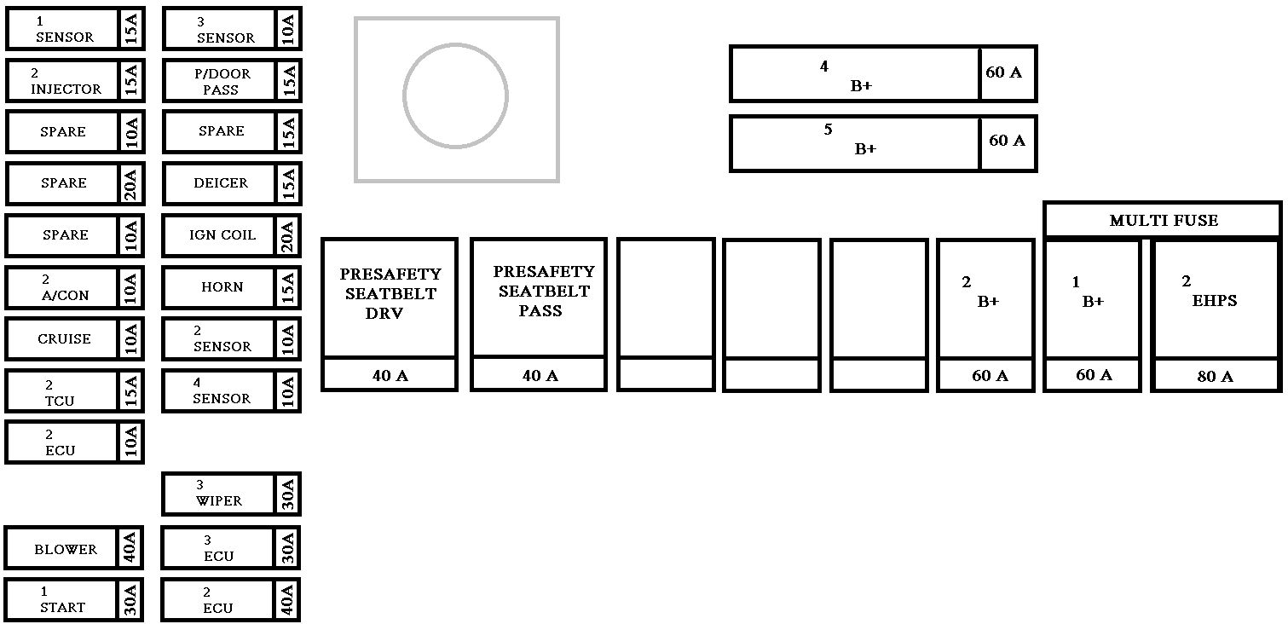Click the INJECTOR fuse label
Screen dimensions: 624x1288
(x=66, y=89)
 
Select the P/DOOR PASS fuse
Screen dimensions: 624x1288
(x=221, y=81)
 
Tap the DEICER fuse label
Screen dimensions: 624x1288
(x=221, y=183)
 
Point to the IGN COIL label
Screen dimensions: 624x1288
(x=222, y=235)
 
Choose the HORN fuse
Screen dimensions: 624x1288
(x=222, y=287)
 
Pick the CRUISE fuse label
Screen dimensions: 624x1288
(x=64, y=338)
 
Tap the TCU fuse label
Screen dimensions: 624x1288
(x=60, y=401)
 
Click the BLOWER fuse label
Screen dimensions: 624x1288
(x=65, y=550)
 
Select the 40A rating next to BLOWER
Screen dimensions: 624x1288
(x=130, y=548)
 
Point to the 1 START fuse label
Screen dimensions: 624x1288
(x=62, y=608)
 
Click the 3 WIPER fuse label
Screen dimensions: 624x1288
(x=219, y=501)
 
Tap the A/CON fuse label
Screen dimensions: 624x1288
(x=65, y=296)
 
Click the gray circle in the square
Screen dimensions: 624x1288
(x=455, y=95)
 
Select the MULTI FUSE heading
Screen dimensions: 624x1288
(x=1163, y=221)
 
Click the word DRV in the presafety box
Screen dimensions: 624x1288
(x=384, y=313)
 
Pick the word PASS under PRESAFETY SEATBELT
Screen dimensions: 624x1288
(x=540, y=311)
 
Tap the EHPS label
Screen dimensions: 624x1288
(x=1214, y=301)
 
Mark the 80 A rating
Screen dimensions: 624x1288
(x=1215, y=377)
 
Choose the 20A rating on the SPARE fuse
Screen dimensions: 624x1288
(x=130, y=183)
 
